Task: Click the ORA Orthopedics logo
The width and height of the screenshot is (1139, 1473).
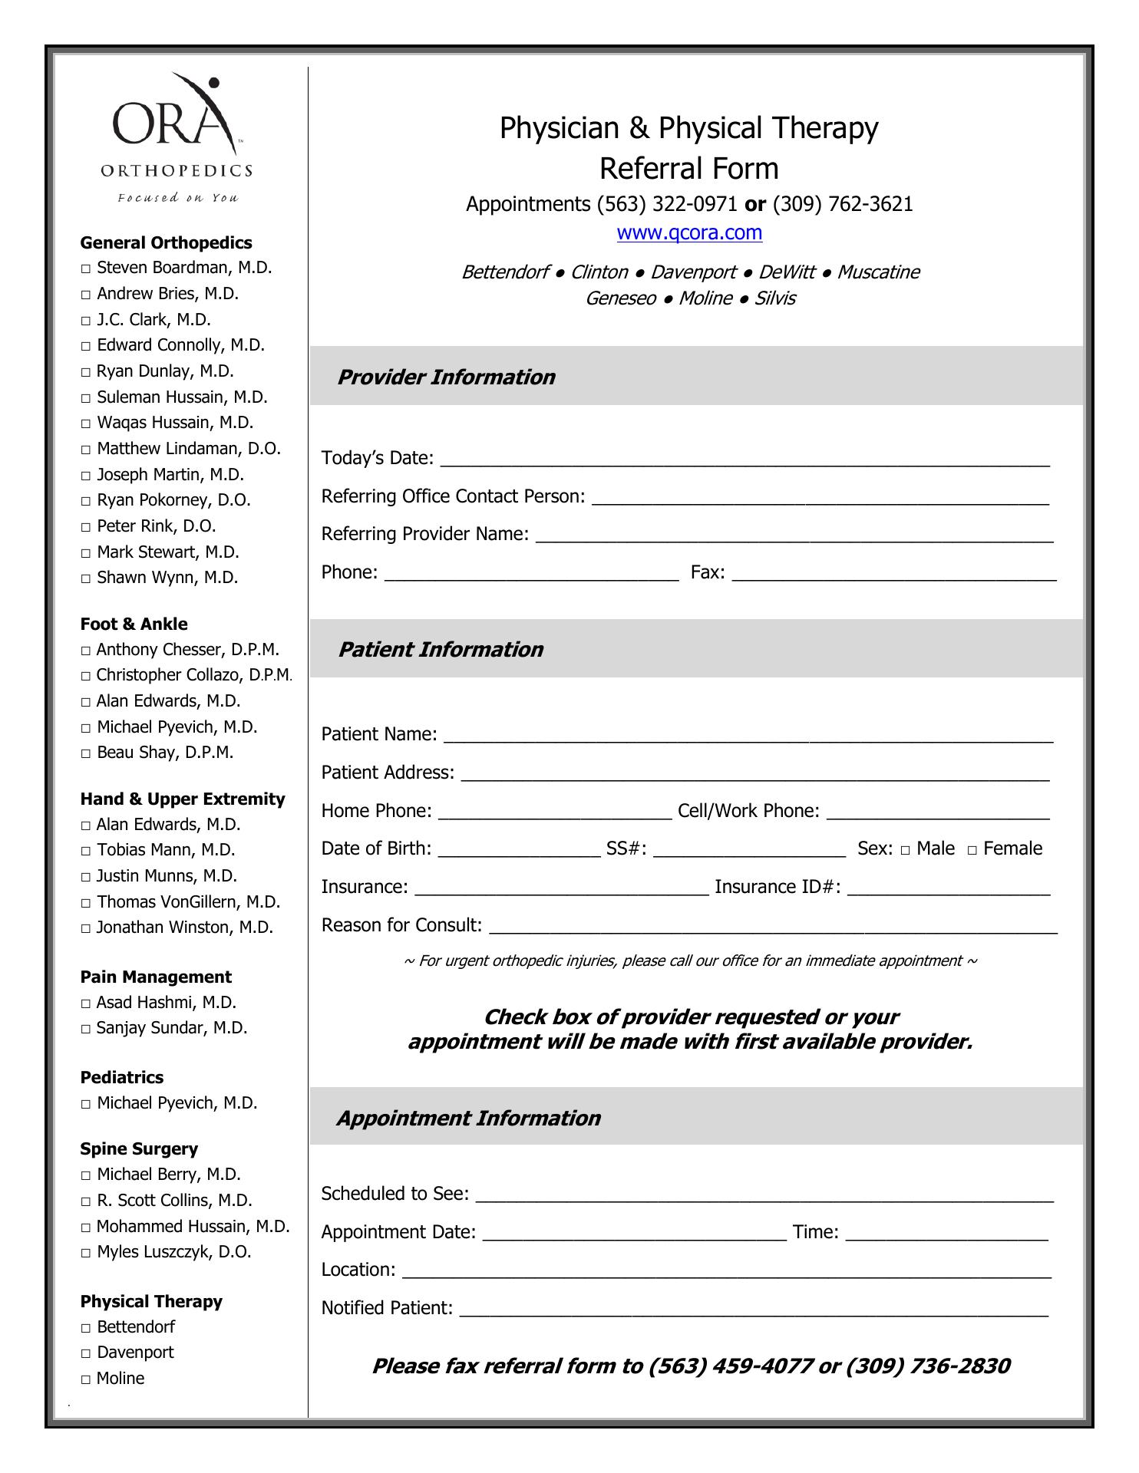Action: (177, 138)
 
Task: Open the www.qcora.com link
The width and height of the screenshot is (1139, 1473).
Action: (689, 232)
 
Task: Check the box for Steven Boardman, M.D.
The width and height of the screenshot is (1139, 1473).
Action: (86, 269)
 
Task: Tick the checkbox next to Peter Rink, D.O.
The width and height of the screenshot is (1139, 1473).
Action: (86, 528)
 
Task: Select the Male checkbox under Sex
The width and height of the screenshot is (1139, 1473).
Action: (906, 850)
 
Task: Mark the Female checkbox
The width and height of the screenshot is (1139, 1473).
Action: (972, 850)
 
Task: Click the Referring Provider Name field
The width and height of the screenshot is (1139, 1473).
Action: (794, 535)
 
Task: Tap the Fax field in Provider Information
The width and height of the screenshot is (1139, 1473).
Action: (894, 573)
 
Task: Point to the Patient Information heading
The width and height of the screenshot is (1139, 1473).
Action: (441, 650)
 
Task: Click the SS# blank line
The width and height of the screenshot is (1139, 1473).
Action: (749, 849)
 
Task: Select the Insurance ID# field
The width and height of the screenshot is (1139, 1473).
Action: (949, 888)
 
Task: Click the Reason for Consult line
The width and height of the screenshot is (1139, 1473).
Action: (772, 926)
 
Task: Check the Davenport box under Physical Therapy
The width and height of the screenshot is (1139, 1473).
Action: (86, 1354)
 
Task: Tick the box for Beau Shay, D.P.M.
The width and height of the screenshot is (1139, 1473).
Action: (86, 754)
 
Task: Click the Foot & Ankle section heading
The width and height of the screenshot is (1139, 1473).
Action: (134, 624)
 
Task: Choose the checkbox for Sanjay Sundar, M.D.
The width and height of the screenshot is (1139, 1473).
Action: (86, 1030)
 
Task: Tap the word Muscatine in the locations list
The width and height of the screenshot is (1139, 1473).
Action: (878, 272)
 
